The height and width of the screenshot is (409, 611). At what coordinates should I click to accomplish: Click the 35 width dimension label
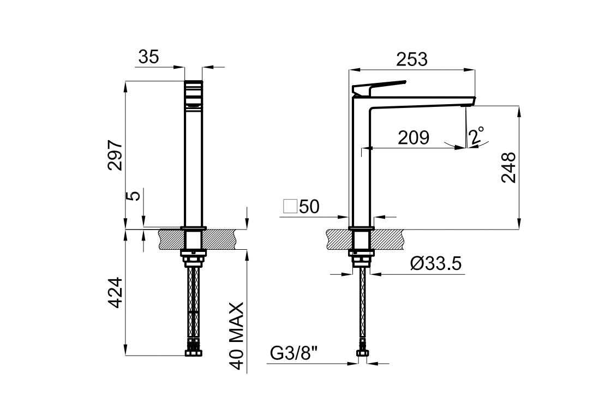point(148,57)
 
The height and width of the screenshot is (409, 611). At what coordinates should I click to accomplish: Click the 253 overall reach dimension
point(412,59)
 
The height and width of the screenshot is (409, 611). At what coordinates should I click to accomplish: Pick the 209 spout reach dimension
point(413,138)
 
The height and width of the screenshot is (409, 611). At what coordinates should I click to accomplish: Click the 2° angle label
point(477,135)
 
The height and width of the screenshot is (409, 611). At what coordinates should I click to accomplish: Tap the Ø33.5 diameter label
point(435,264)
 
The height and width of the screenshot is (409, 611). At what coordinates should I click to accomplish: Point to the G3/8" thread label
point(294,354)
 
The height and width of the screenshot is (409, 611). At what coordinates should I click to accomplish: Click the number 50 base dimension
point(309,207)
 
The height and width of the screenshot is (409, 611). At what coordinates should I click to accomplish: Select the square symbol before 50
point(290,207)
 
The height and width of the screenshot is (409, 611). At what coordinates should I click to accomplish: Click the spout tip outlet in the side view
point(470,103)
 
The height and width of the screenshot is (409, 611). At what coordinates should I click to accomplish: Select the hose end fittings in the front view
point(194,349)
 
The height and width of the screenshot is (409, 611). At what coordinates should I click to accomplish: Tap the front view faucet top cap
point(194,87)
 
